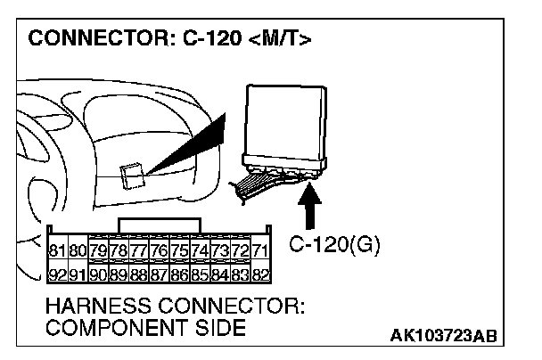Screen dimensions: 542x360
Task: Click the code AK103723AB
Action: (441, 336)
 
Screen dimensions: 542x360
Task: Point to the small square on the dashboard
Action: (131, 174)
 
